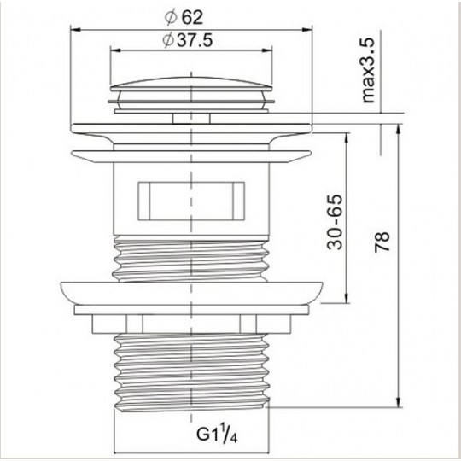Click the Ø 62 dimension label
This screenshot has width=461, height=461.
point(184,18)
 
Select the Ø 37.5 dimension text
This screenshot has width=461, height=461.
point(187,40)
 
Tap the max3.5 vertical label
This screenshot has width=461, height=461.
point(368,71)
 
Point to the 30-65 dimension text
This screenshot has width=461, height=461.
point(335,222)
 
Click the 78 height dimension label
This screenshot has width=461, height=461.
point(382,242)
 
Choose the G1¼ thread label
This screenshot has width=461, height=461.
point(217,434)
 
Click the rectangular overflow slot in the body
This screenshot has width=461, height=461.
point(191,201)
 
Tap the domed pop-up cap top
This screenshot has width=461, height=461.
point(191,83)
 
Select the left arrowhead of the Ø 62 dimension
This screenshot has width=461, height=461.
point(76,29)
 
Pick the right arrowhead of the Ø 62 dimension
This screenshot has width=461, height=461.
point(307,29)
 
